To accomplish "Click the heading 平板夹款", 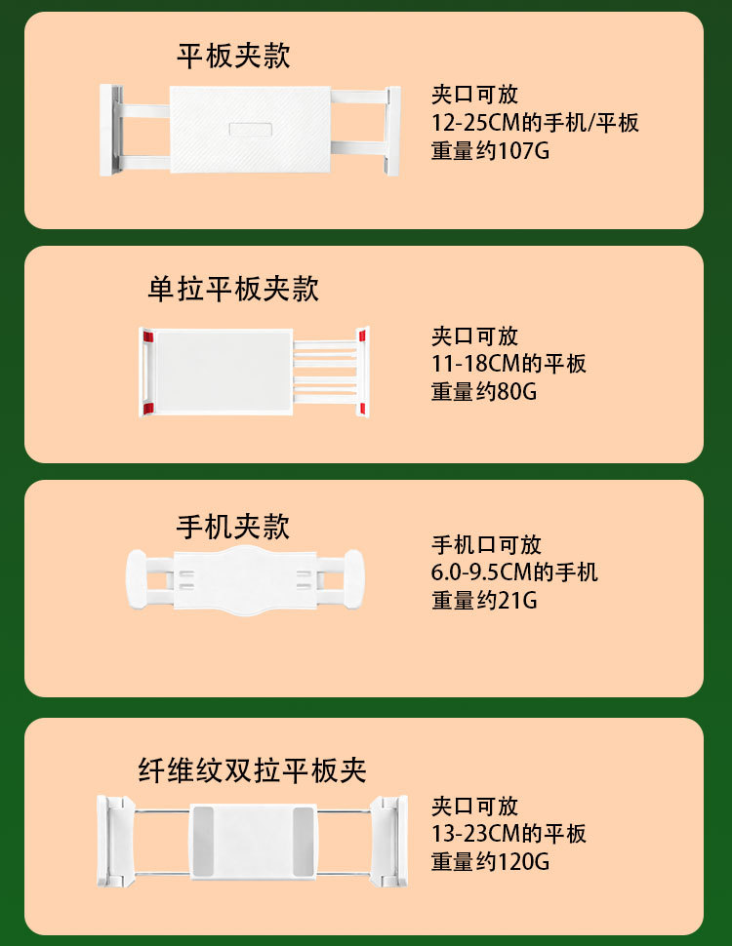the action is click(x=233, y=57).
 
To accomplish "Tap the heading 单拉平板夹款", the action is click(x=233, y=289).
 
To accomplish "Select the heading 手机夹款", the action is click(x=233, y=527).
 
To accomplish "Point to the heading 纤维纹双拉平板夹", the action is click(x=253, y=769).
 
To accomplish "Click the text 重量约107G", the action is click(x=490, y=151).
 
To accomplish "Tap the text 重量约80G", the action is click(x=484, y=392).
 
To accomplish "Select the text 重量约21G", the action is click(x=484, y=601).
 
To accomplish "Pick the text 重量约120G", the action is click(x=490, y=861).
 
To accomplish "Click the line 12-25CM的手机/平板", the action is click(x=535, y=123).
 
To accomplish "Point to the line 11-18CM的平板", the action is click(x=508, y=364).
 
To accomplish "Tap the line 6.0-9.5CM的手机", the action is click(x=514, y=572).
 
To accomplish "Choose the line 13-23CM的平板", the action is click(x=508, y=834).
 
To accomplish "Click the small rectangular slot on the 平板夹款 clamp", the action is click(x=251, y=130).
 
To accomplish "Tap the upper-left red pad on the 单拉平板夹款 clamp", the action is click(x=148, y=336).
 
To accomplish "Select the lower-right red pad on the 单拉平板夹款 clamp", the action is click(x=362, y=409).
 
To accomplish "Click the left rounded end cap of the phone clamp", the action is click(x=137, y=579).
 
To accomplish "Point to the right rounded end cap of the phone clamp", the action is click(x=354, y=579).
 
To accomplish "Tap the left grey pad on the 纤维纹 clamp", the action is click(x=203, y=841).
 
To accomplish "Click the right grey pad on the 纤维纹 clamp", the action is click(x=303, y=841).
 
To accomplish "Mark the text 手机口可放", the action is click(x=486, y=545).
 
